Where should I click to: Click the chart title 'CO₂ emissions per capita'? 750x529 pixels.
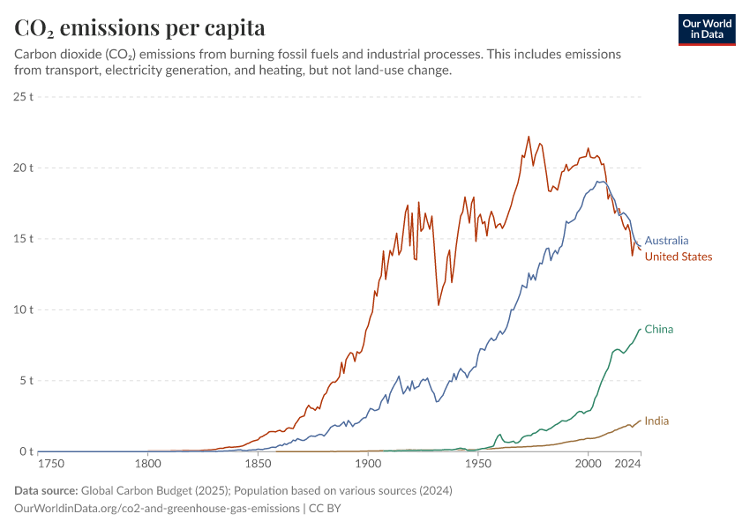(139, 28)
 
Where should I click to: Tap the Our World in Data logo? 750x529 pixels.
(706, 29)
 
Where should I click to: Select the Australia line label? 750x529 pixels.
(666, 240)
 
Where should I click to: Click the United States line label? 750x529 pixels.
(679, 257)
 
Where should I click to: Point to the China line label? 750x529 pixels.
(658, 330)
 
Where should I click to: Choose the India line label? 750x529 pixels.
(656, 421)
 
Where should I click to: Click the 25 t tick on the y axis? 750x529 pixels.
(24, 96)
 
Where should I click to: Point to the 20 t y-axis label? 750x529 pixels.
(24, 168)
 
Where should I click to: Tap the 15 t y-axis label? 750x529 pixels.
(24, 239)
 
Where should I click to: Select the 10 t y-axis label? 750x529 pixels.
(24, 309)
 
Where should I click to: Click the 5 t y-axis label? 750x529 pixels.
(26, 381)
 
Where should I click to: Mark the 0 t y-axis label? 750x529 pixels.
(26, 452)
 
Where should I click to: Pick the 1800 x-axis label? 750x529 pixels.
(147, 464)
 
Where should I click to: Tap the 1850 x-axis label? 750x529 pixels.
(258, 464)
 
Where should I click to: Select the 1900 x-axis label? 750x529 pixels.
(368, 464)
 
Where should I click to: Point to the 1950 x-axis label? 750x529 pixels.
(478, 464)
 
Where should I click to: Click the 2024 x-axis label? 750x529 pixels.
(627, 464)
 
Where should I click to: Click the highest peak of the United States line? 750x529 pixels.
(529, 137)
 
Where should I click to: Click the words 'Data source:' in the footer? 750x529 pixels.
(46, 490)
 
